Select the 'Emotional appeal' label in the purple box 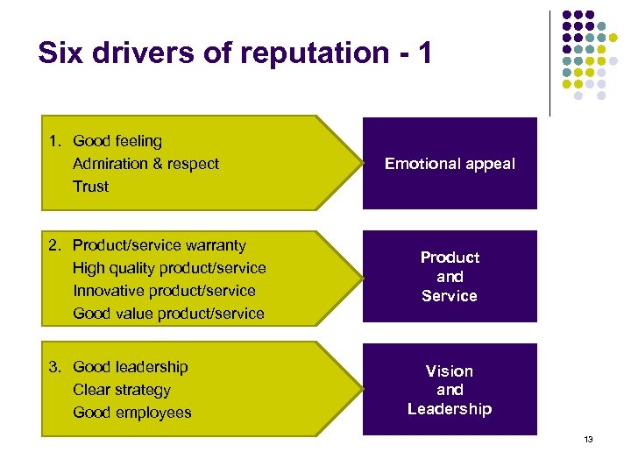pyautogui.click(x=450, y=164)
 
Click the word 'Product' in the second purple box pyautogui.click(x=450, y=258)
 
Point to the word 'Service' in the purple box pyautogui.click(x=450, y=296)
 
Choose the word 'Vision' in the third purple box pyautogui.click(x=450, y=371)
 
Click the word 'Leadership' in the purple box pyautogui.click(x=450, y=409)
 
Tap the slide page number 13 pyautogui.click(x=588, y=439)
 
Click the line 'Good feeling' pyautogui.click(x=117, y=141)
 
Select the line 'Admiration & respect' pyautogui.click(x=145, y=164)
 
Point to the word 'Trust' pyautogui.click(x=90, y=187)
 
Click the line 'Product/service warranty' pyautogui.click(x=159, y=245)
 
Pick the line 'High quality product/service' pyautogui.click(x=169, y=268)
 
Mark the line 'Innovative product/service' pyautogui.click(x=164, y=291)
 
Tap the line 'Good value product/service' pyautogui.click(x=168, y=314)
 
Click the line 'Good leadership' pyautogui.click(x=130, y=367)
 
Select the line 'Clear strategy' pyautogui.click(x=122, y=390)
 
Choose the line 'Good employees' pyautogui.click(x=131, y=413)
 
